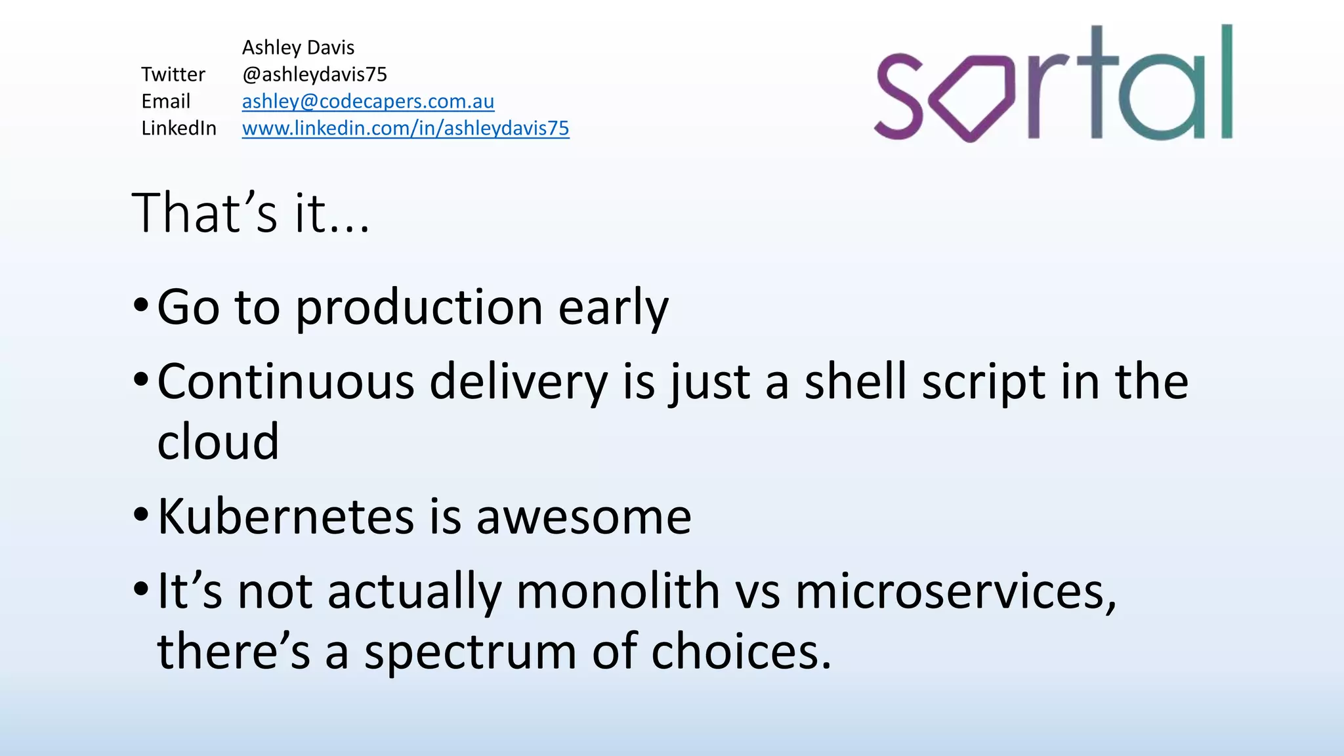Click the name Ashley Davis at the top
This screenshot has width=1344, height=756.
coord(298,48)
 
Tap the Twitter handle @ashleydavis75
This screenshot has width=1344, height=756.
coord(314,75)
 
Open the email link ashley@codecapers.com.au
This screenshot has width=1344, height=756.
coord(367,102)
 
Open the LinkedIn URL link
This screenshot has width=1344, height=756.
coord(405,129)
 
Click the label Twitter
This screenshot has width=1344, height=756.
coord(173,75)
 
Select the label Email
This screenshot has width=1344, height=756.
coord(165,102)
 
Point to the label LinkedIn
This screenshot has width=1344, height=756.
coord(178,129)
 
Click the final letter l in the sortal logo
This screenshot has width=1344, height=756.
coord(1226,81)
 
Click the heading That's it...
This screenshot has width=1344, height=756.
coord(250,213)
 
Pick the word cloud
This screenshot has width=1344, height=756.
coord(218,442)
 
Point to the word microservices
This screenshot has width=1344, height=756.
coord(955,591)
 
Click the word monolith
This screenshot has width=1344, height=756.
coord(618,591)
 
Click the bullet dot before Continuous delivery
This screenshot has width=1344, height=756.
coord(140,380)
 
